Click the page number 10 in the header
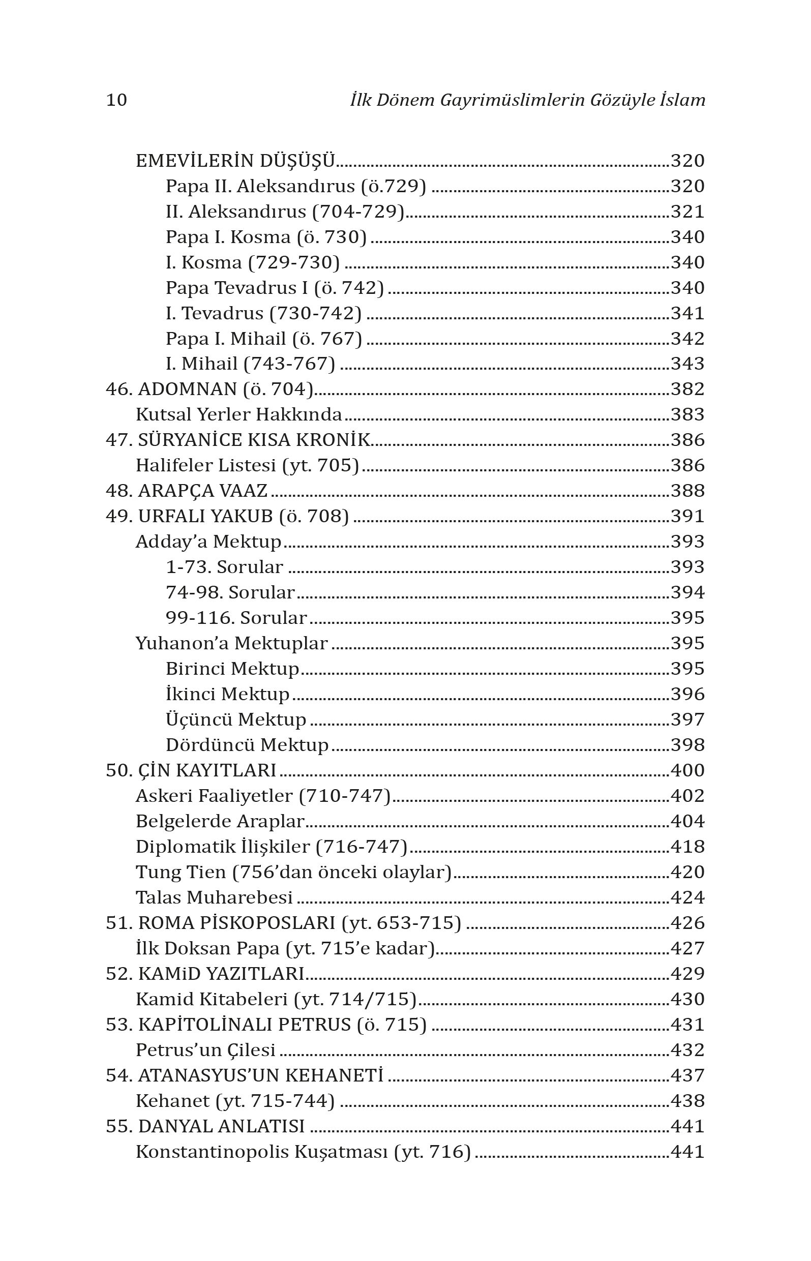point(116,100)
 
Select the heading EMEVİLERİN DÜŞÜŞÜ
point(235,161)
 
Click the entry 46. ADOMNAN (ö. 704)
point(209,389)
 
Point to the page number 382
point(687,389)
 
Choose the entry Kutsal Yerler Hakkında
point(238,414)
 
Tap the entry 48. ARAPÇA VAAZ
point(187,491)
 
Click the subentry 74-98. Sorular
point(230,592)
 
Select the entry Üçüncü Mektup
point(236,719)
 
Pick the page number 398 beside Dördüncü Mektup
point(687,744)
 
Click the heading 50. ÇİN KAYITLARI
point(191,770)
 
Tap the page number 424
point(687,897)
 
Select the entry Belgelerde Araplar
point(220,821)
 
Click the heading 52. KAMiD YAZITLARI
point(205,974)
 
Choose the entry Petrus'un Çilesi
point(205,1050)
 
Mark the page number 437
point(687,1075)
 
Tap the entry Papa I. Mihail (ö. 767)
point(264,339)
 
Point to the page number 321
point(687,211)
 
